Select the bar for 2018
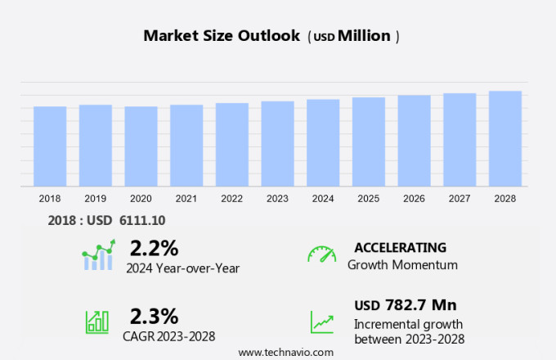click(50, 146)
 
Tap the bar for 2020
click(141, 146)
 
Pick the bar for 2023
click(277, 144)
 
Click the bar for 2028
click(505, 139)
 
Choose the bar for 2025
click(369, 142)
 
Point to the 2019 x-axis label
click(95, 199)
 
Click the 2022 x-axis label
click(231, 199)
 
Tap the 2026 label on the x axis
click(414, 199)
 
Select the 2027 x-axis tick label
click(460, 199)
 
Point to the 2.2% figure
click(154, 248)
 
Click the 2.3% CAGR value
click(154, 316)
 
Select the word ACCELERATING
click(400, 247)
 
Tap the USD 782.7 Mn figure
click(405, 305)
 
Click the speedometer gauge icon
click(321, 254)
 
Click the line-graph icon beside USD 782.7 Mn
click(321, 322)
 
